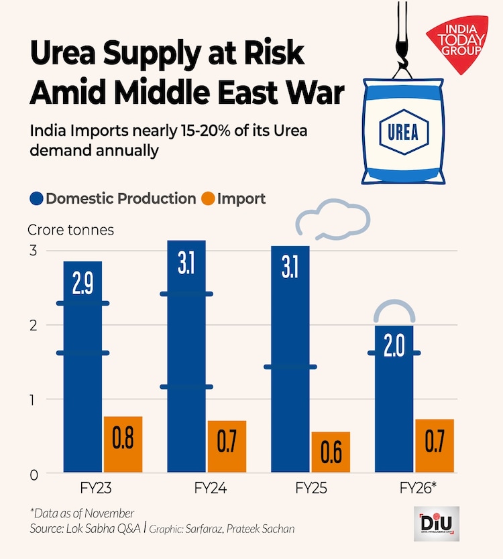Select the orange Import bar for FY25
pyautogui.click(x=331, y=452)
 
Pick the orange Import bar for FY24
pyautogui.click(x=227, y=447)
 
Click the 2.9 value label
pyautogui.click(x=82, y=284)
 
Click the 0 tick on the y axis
pyautogui.click(x=32, y=475)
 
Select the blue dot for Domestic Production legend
pyautogui.click(x=36, y=199)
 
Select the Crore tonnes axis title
pyautogui.click(x=71, y=230)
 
